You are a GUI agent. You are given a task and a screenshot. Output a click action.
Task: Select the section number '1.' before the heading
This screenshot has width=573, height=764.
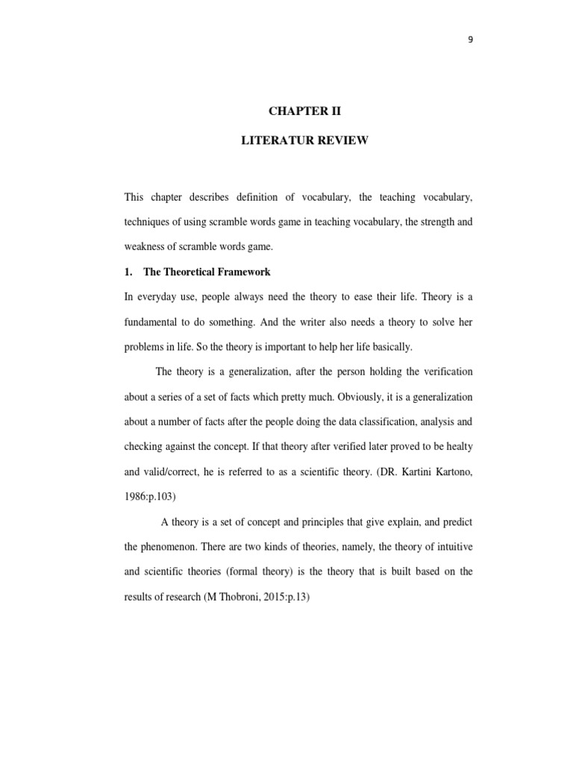click(129, 272)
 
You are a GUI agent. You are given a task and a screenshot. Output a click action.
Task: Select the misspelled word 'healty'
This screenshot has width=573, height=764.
click(457, 446)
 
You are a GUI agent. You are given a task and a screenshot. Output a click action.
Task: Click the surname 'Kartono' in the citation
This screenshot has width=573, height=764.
click(449, 472)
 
